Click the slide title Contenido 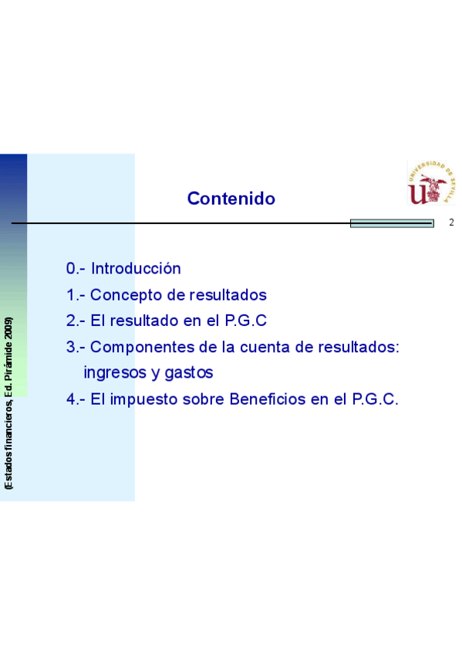click(x=231, y=199)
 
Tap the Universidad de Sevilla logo click(x=431, y=183)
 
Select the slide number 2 click(x=451, y=222)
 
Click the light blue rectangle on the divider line click(x=392, y=223)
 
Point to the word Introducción click(x=136, y=269)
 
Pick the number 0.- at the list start click(x=76, y=269)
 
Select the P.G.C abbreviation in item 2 click(x=245, y=321)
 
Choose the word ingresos click(x=113, y=373)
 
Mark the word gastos click(x=189, y=373)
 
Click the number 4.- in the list click(x=76, y=399)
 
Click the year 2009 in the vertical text click(x=8, y=328)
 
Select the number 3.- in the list click(x=76, y=347)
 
